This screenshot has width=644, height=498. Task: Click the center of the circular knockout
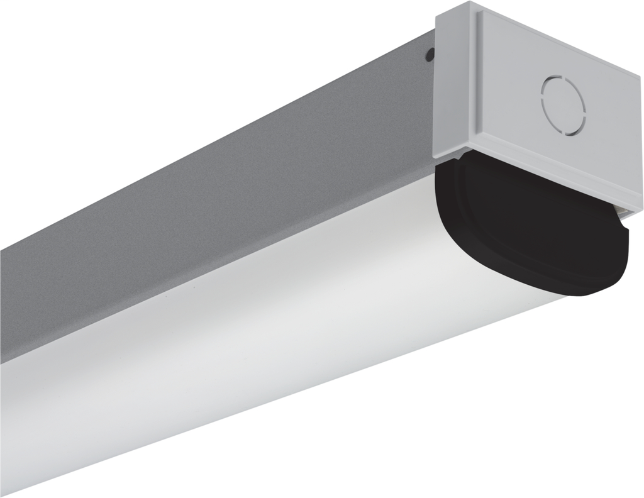(x=563, y=105)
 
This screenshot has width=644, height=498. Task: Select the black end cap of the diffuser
(x=535, y=226)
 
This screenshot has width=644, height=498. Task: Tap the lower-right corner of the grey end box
(x=641, y=207)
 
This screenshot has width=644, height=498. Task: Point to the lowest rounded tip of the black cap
(x=591, y=293)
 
